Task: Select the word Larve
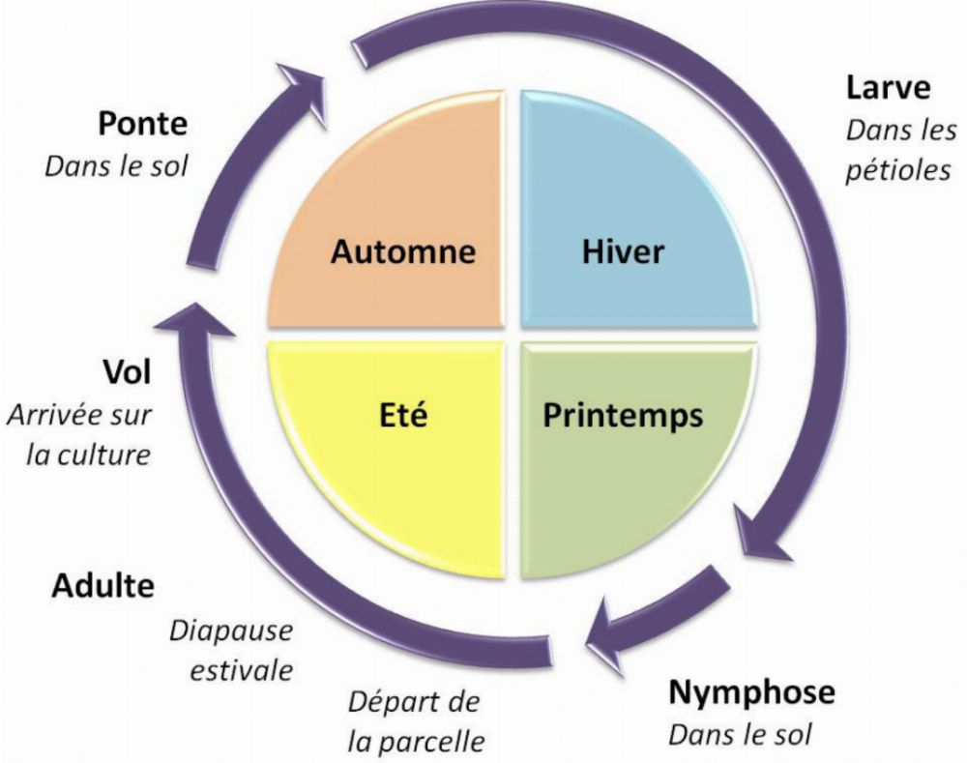click(x=888, y=88)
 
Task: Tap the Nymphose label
click(x=750, y=692)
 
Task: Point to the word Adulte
click(x=103, y=586)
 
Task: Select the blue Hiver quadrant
click(x=629, y=222)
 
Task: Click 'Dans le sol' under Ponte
click(x=116, y=164)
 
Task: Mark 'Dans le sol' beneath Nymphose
click(x=740, y=732)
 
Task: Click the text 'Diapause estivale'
click(x=231, y=650)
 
